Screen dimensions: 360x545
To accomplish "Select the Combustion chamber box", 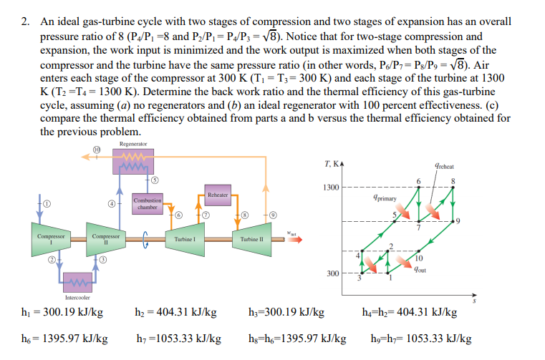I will pos(148,203).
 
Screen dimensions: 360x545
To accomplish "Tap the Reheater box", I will pos(218,195).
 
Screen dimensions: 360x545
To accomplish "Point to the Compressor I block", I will pos(50,238).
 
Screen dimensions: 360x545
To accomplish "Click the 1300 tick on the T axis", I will pos(330,188).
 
